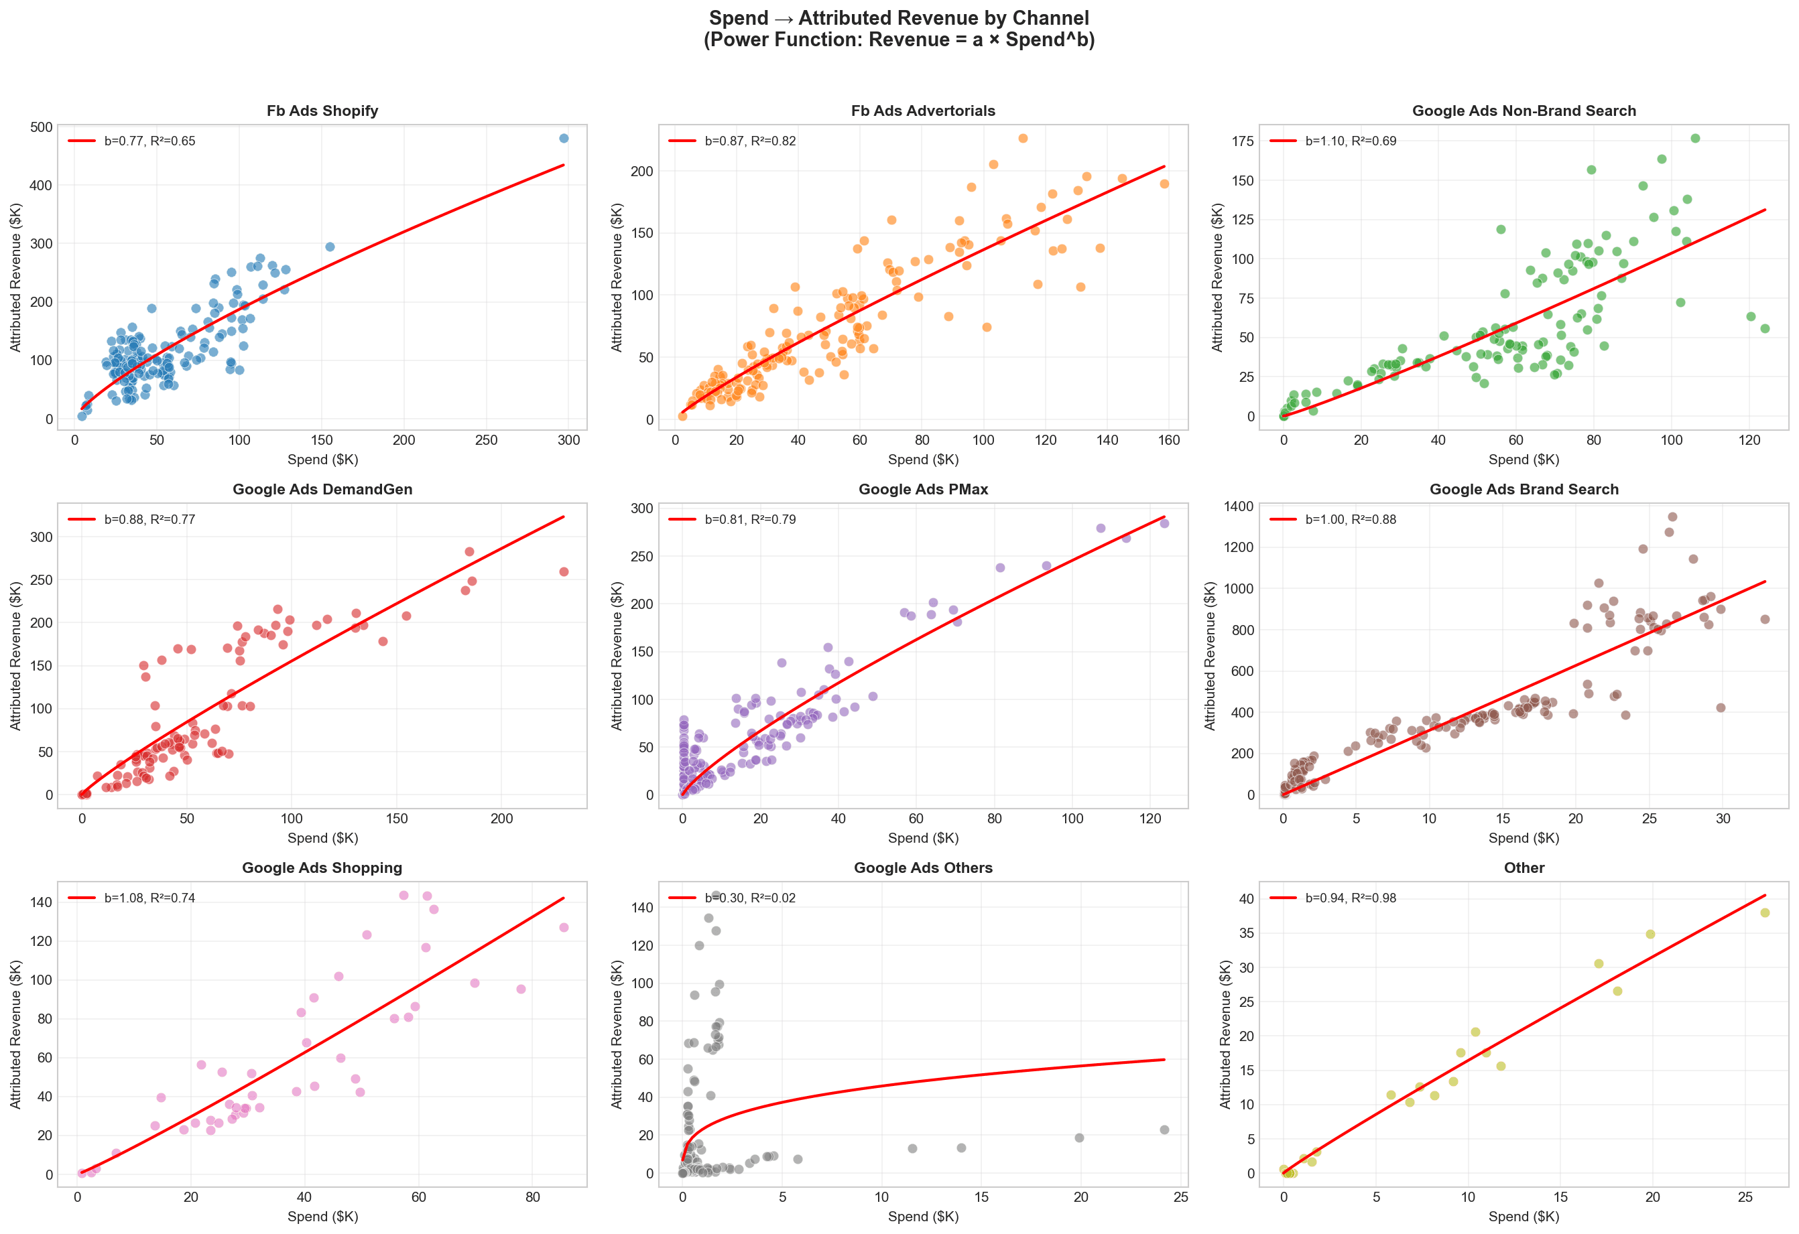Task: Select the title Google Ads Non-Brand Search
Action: pos(1524,111)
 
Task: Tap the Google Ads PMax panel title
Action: pos(923,489)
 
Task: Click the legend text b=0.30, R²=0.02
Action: pos(749,898)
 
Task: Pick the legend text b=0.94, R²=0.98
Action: pos(1350,898)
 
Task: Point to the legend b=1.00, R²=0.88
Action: pos(1350,519)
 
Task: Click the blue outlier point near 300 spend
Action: pos(564,139)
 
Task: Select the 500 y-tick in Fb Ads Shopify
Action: pos(41,127)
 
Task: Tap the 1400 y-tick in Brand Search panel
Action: pos(1238,506)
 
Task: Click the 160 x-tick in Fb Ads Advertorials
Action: pos(1169,439)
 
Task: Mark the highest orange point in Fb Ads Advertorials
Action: pos(1023,139)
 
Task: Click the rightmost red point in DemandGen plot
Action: pos(564,571)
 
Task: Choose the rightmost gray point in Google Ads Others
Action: pos(1164,1129)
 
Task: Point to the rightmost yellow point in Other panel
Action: pos(1765,913)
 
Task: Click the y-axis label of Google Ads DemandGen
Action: pos(15,655)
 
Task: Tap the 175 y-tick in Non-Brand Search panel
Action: pos(1243,141)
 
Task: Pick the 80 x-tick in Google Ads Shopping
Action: pos(533,1197)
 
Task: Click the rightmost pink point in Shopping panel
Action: pos(564,927)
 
